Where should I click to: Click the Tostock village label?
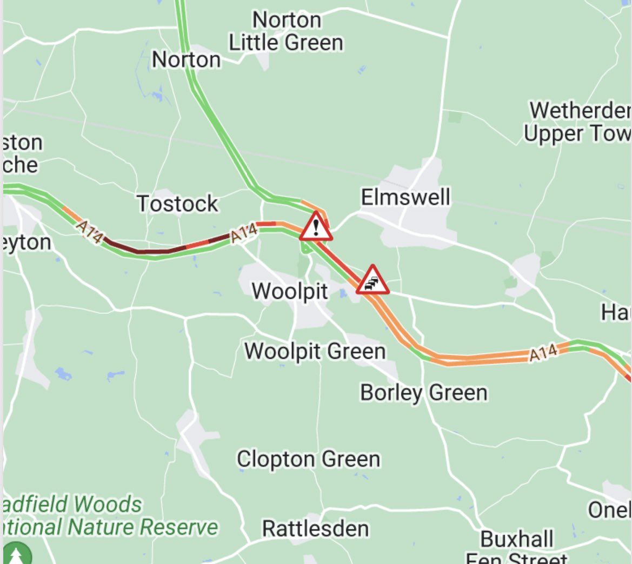tap(177, 204)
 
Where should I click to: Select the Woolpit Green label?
tap(315, 351)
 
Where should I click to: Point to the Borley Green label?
tap(424, 392)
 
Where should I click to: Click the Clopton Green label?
tap(308, 459)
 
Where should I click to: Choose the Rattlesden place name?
tap(316, 528)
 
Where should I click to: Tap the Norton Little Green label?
tap(286, 31)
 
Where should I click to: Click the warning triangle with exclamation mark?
tap(316, 227)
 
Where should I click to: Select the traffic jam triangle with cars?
tap(372, 280)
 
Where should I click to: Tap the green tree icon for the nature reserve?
tap(16, 554)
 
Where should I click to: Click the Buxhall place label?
tap(517, 539)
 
